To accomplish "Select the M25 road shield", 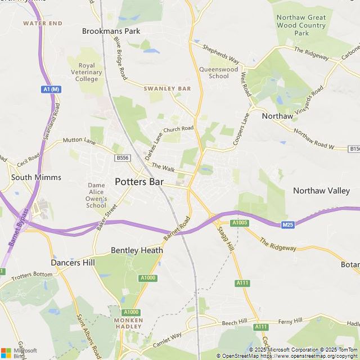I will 288,225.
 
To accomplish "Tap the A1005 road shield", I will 240,223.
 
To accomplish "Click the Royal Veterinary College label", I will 87,72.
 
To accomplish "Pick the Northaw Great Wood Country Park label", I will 301,25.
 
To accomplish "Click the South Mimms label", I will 36,177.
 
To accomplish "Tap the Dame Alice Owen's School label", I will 96,195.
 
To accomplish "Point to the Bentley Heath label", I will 137,250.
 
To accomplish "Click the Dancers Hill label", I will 73,263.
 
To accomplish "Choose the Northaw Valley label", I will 321,191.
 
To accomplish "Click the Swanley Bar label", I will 167,89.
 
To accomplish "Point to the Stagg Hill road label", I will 224,238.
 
